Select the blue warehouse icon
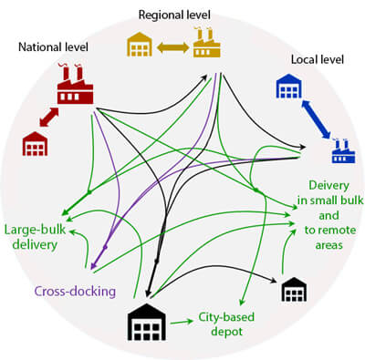tap(290, 88)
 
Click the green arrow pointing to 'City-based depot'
tap(182, 321)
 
